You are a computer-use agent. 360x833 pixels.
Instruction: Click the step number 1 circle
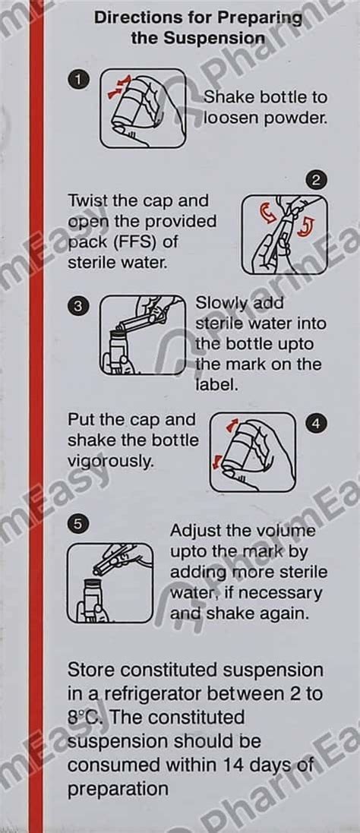pyautogui.click(x=78, y=80)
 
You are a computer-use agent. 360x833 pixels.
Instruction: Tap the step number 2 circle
pyautogui.click(x=317, y=180)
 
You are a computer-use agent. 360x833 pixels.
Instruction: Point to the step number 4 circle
pyautogui.click(x=317, y=424)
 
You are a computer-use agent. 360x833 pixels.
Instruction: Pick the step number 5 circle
pyautogui.click(x=78, y=524)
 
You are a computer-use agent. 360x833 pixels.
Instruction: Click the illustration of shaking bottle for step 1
pyautogui.click(x=143, y=108)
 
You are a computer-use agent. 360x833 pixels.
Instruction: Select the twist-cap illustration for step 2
pyautogui.click(x=284, y=235)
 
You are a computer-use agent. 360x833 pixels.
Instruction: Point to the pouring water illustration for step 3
pyautogui.click(x=143, y=335)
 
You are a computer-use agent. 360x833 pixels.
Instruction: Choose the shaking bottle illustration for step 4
pyautogui.click(x=253, y=452)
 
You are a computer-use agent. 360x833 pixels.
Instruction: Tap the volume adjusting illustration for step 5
pyautogui.click(x=110, y=582)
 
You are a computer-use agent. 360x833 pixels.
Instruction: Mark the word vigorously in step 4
pyautogui.click(x=110, y=462)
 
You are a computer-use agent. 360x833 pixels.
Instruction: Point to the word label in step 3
pyautogui.click(x=214, y=384)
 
